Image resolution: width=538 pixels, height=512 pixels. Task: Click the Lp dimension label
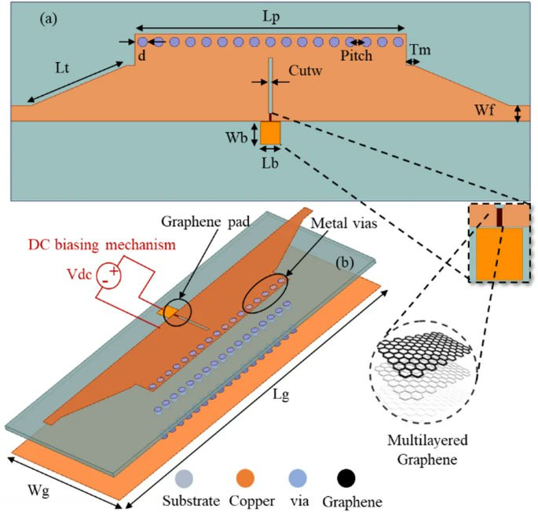(271, 17)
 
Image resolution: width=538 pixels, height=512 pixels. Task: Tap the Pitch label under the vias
(356, 56)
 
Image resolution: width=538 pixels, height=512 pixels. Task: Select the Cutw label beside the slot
(306, 71)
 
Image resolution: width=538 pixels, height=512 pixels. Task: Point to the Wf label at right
(485, 110)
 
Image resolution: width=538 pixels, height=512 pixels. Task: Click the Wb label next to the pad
(236, 137)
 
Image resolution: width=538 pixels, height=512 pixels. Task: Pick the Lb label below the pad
(270, 163)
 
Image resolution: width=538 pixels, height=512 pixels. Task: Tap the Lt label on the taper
(62, 68)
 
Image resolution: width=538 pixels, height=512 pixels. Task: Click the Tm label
(420, 50)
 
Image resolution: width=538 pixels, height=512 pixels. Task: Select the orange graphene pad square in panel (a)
(270, 133)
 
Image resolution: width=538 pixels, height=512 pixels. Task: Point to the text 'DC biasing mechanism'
(102, 245)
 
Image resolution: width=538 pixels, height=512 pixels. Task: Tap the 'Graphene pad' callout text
(206, 221)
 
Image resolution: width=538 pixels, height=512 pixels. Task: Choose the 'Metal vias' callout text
(344, 223)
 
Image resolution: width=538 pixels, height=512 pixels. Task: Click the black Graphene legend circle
(346, 478)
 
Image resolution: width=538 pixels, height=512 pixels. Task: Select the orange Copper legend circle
(245, 478)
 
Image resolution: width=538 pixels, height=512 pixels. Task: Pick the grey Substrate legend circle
(184, 478)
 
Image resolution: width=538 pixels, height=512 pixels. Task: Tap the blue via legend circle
(298, 478)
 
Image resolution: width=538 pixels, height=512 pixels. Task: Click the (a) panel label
(49, 19)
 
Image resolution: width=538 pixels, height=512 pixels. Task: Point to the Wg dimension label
(38, 491)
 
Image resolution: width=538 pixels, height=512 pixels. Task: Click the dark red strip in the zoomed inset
(500, 218)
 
